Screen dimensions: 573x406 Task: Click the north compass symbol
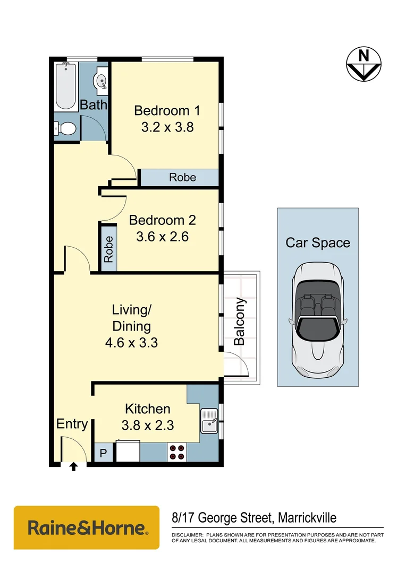coord(363,64)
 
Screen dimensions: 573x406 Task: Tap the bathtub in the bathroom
coord(66,86)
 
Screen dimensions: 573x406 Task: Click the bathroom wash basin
coord(100,80)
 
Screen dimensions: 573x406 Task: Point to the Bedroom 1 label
coord(167,111)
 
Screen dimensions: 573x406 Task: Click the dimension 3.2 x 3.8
coord(167,127)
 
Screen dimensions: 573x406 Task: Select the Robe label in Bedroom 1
coord(182,178)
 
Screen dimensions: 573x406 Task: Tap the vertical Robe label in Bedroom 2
coord(108,249)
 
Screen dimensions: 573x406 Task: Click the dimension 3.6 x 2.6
coord(163,237)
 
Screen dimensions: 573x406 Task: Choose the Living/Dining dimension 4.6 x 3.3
coord(131,343)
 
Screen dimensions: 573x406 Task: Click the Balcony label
coord(240,322)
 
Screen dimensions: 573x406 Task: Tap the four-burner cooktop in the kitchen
coord(176,452)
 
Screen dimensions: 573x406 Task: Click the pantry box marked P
coord(103,454)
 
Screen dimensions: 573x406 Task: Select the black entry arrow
coord(73,467)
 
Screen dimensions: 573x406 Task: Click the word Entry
coord(72,424)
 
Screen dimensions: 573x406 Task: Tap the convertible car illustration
coord(317,318)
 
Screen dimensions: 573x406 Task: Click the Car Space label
coord(318,243)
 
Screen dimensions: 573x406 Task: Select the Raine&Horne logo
coord(87,527)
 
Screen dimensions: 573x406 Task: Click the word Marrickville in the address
coord(304,517)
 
